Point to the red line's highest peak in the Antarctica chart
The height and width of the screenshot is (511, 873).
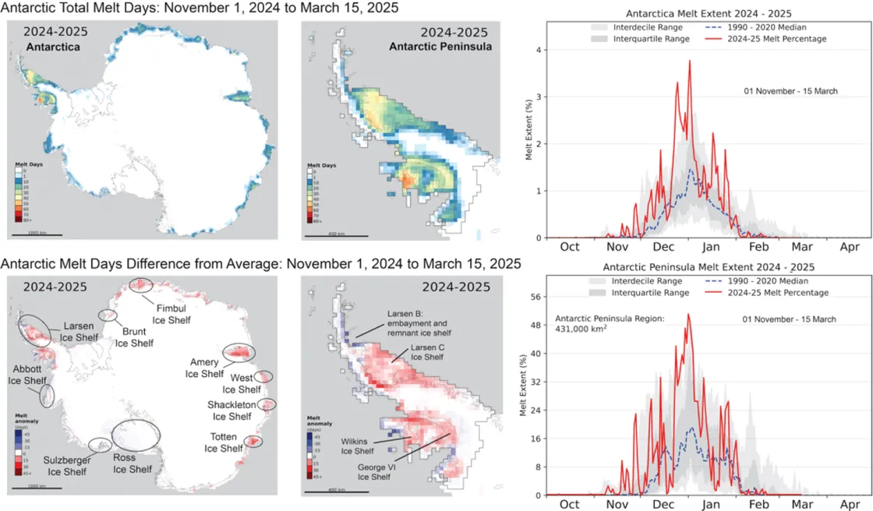pos(690,62)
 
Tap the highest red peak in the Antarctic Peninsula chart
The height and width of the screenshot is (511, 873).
pos(688,315)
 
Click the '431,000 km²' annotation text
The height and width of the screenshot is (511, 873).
pos(581,330)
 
